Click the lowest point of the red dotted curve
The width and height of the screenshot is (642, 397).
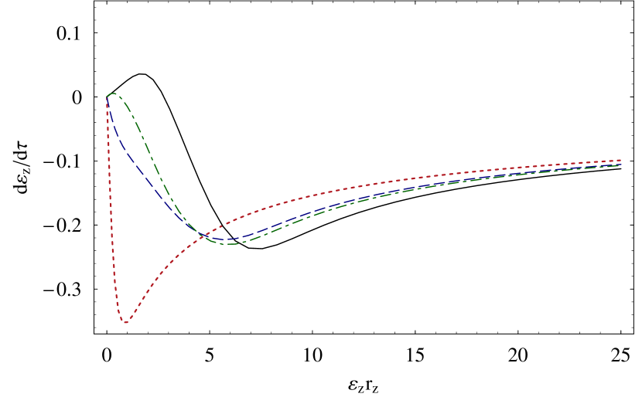[125, 322]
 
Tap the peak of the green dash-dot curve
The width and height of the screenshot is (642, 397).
[113, 94]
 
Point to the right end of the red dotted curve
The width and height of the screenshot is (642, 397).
[621, 161]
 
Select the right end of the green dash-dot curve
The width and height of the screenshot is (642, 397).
[620, 165]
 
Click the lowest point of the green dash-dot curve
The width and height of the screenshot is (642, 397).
[234, 243]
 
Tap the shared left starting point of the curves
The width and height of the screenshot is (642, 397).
[107, 97]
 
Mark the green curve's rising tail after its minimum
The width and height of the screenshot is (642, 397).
[387, 194]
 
